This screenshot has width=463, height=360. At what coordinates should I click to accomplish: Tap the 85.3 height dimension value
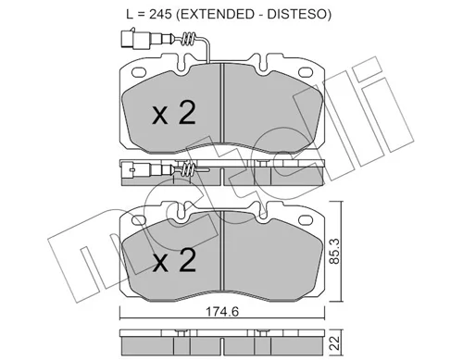[334, 251]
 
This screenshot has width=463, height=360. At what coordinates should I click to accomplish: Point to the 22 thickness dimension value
[334, 342]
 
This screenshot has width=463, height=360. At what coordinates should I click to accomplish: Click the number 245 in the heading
[160, 14]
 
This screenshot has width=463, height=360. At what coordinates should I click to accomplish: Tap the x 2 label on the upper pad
[174, 113]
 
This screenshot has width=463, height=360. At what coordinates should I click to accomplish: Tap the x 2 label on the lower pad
[174, 261]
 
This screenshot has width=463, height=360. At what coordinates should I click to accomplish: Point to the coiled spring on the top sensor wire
[188, 39]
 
